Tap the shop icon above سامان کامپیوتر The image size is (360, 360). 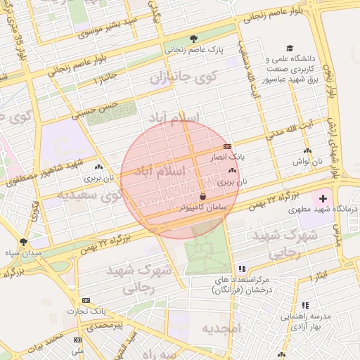(202, 195)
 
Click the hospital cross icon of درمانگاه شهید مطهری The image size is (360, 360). (323, 200)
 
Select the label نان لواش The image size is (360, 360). (307, 162)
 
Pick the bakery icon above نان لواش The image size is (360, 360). (307, 151)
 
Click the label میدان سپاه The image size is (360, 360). (22, 252)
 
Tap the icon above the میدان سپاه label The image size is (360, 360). (23, 241)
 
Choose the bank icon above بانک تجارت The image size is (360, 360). (86, 300)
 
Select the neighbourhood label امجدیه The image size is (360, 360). (221, 328)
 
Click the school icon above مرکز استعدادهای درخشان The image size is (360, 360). (242, 269)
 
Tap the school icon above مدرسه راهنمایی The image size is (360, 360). (305, 306)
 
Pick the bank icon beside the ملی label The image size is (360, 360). (77, 340)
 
